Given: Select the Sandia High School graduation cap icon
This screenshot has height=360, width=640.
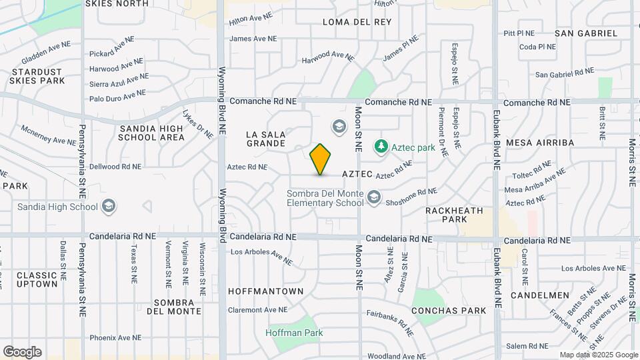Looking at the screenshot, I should tap(108, 207).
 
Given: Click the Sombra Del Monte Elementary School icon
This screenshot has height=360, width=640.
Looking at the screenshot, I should tap(373, 197).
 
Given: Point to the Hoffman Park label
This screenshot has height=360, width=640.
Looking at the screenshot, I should tap(294, 333).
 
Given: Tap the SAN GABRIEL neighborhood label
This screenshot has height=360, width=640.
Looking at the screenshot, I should tap(586, 33).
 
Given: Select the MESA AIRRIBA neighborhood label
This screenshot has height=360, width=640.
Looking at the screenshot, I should tap(540, 143).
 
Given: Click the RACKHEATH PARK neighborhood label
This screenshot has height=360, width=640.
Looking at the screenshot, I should tap(454, 215).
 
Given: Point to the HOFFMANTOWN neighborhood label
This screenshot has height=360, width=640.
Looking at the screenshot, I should tap(265, 291).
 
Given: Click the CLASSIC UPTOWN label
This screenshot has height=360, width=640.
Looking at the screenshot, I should tap(37, 279).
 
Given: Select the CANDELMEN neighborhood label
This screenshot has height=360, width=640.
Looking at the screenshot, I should tap(540, 295).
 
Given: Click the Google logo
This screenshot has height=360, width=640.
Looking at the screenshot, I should tap(22, 352).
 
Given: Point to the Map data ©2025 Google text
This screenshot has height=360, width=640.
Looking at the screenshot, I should tap(599, 355).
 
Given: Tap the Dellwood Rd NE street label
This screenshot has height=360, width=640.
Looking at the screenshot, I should tap(115, 167).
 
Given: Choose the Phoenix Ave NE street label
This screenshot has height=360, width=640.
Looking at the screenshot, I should tap(115, 338).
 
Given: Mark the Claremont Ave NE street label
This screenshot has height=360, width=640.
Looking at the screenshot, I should tap(257, 310).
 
